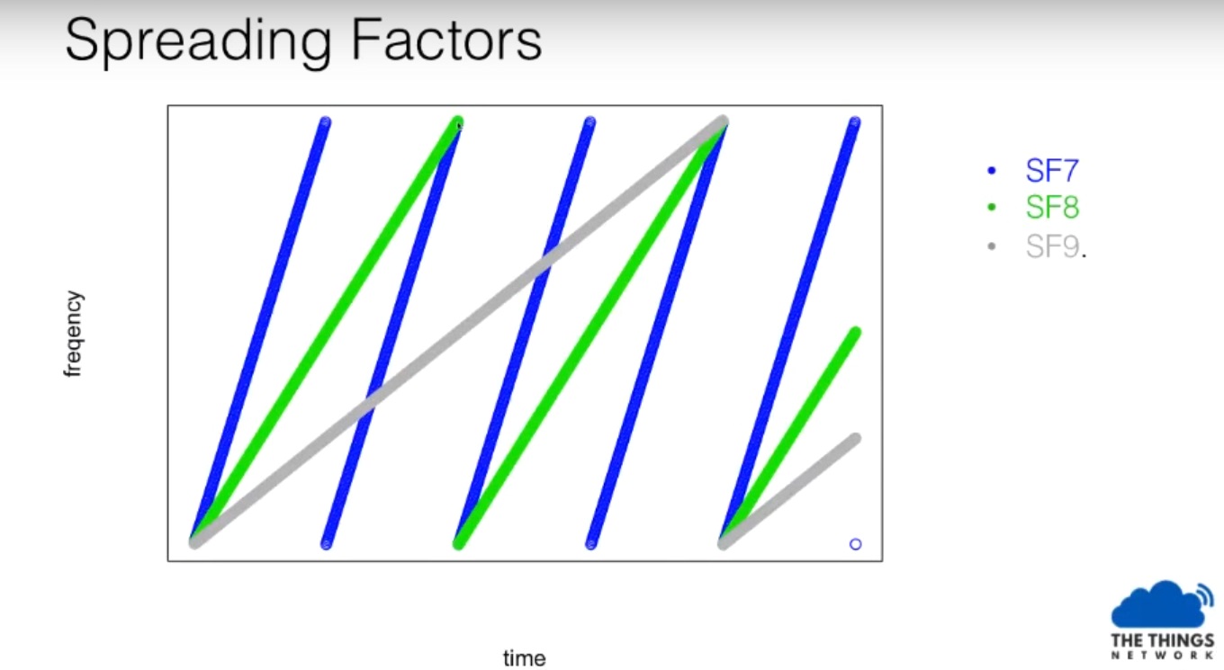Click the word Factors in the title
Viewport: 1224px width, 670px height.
coord(446,40)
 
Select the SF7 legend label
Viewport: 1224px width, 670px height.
coord(1052,171)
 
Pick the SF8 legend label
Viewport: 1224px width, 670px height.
coord(1052,208)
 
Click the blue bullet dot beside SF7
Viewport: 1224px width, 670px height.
coord(992,171)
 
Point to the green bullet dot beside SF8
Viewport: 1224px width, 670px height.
coord(992,208)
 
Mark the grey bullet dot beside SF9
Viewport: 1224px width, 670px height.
coord(992,246)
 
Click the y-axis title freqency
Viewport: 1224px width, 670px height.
coord(74,334)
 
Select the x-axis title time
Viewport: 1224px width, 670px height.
coord(524,658)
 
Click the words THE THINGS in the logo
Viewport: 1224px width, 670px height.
coord(1162,640)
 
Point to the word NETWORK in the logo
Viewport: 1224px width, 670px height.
coord(1162,655)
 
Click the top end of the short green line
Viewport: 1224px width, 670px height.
coord(856,332)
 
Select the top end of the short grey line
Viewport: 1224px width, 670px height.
coord(856,439)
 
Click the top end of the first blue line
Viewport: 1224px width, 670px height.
coord(325,122)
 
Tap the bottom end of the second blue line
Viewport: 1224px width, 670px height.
coord(326,544)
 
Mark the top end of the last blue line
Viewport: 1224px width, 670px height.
coord(855,122)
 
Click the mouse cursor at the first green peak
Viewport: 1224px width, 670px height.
coord(459,125)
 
